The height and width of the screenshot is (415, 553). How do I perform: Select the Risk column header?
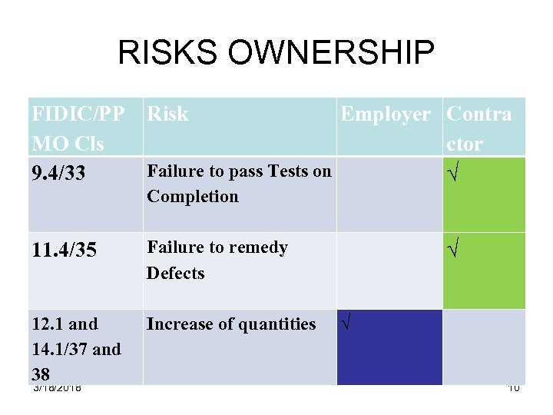[167, 115]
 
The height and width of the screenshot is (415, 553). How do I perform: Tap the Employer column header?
[385, 115]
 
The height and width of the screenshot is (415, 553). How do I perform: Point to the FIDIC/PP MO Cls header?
[78, 128]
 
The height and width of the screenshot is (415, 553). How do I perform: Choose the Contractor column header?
[478, 128]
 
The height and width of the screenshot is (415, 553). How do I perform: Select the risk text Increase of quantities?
[231, 324]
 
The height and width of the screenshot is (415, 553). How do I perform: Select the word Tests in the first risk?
[279, 171]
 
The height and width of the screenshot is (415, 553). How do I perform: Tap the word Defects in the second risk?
[176, 274]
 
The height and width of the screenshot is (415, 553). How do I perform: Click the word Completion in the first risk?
[193, 197]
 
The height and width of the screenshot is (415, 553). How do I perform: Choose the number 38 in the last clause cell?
[41, 374]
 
